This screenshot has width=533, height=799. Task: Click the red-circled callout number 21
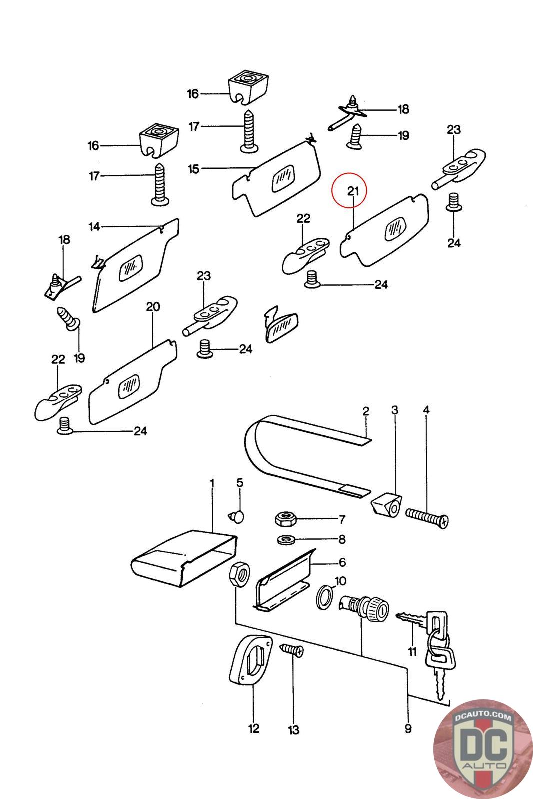(353, 191)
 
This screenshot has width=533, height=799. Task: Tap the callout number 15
(194, 169)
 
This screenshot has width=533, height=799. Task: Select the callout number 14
(94, 227)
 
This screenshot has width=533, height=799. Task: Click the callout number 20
(153, 306)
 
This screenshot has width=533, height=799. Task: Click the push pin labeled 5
(237, 515)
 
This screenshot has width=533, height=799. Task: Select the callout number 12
(254, 728)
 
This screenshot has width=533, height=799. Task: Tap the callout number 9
(408, 729)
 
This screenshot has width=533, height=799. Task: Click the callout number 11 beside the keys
(412, 651)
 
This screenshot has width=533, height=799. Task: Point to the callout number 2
(366, 411)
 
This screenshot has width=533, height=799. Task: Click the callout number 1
(212, 483)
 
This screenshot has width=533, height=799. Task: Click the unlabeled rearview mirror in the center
(281, 327)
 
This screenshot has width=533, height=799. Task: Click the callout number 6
(342, 562)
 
